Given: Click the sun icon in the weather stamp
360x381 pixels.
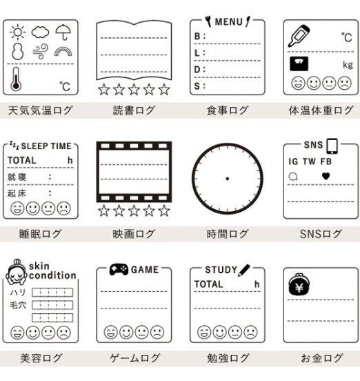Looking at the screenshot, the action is [x=18, y=32].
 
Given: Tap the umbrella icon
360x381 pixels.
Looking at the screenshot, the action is [x=63, y=32].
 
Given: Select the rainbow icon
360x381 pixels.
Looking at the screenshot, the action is [x=63, y=51].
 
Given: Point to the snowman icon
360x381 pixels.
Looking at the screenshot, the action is [x=18, y=51].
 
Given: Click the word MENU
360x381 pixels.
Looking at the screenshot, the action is [x=229, y=22].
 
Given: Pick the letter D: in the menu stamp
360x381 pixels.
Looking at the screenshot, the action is [x=199, y=70].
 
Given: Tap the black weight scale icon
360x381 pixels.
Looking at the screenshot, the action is [x=299, y=63].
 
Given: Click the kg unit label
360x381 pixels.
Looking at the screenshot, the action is [x=348, y=65].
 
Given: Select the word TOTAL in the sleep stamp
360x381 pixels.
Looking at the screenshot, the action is [x=22, y=160].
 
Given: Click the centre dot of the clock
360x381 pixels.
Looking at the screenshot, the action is [x=227, y=179].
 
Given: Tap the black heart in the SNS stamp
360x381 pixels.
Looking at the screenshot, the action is [x=326, y=176].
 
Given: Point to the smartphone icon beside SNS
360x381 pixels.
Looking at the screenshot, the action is [x=332, y=146].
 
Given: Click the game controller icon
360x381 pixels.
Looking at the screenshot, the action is [x=119, y=269].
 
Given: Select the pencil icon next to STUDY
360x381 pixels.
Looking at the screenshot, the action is [x=244, y=270].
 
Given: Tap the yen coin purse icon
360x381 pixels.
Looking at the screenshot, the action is [x=299, y=284].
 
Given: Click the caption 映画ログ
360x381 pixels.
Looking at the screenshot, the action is [x=134, y=234].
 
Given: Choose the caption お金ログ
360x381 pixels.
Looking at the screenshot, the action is [x=322, y=358].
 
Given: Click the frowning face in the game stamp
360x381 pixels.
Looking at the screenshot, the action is [x=157, y=332].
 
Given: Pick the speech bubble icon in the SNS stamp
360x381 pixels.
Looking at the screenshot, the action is [x=293, y=177].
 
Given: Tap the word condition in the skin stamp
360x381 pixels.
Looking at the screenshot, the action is [x=52, y=275].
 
